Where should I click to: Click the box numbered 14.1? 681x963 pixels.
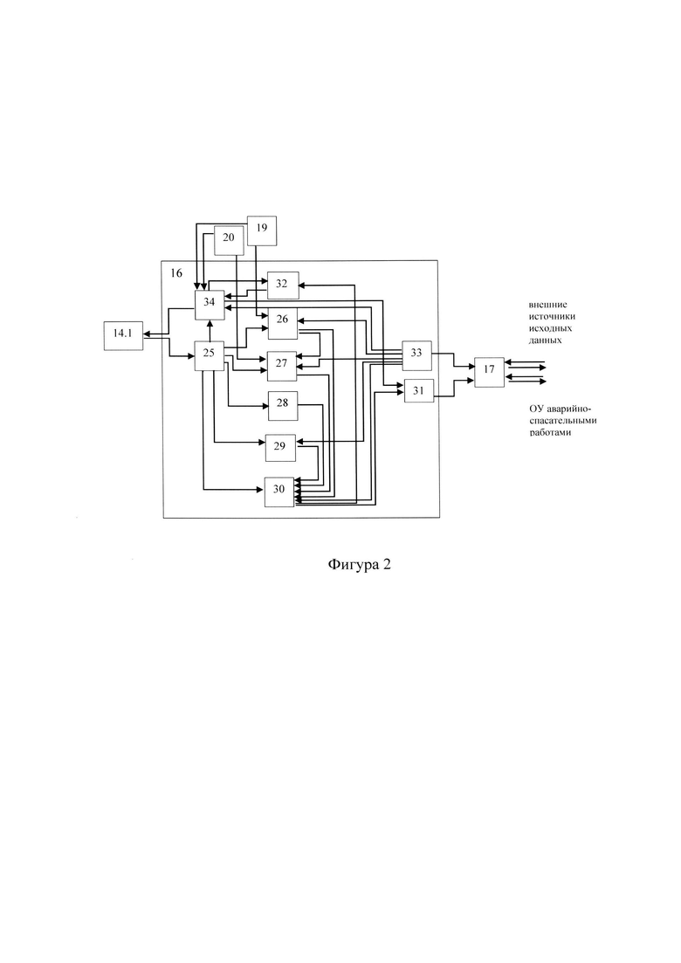(x=123, y=335)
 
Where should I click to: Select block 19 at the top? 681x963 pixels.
(x=262, y=230)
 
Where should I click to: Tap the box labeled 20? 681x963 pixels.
(x=229, y=240)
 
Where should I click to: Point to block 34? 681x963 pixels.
(x=210, y=305)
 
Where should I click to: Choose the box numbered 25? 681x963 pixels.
(x=210, y=355)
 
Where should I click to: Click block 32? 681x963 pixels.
(x=283, y=285)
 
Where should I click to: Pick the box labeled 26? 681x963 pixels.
(x=283, y=322)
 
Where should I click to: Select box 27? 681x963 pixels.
(x=282, y=366)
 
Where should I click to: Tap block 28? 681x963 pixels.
(x=283, y=405)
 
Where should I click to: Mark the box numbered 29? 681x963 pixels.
(x=280, y=449)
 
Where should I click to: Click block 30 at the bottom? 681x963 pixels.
(x=279, y=492)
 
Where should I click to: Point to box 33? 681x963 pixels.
(x=417, y=355)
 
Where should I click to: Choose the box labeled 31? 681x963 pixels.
(x=419, y=391)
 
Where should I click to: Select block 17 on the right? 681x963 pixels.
(x=490, y=372)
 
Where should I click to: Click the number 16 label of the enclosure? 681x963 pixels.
(x=176, y=273)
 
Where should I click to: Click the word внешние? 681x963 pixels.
(x=548, y=305)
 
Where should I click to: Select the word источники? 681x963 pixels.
(x=552, y=317)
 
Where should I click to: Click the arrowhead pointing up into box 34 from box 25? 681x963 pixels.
(x=210, y=323)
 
